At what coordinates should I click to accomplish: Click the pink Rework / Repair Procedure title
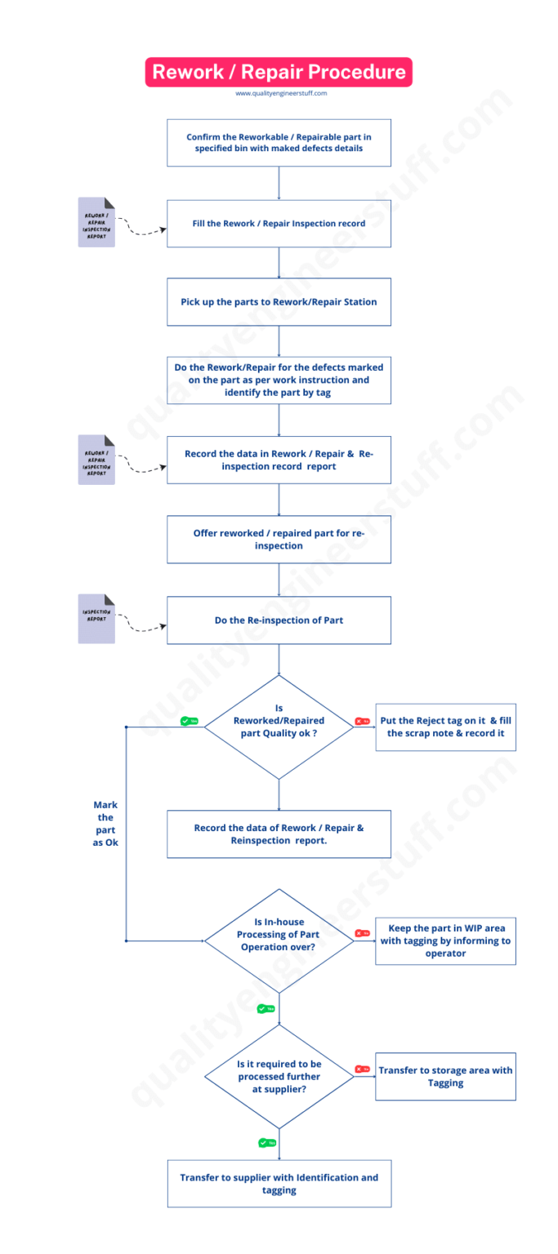(279, 72)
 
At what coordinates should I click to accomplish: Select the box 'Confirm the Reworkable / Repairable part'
(279, 143)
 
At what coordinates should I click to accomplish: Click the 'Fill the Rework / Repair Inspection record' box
(279, 223)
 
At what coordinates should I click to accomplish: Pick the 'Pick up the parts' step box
(279, 301)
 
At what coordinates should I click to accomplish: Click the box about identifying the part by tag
(279, 380)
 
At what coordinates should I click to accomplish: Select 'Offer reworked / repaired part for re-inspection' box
(279, 539)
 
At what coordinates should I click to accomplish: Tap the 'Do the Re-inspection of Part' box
(279, 620)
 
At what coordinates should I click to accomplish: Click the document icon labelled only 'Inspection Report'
(96, 619)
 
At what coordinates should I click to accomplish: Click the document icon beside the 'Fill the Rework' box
(96, 222)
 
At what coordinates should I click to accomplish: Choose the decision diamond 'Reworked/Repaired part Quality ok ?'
(279, 727)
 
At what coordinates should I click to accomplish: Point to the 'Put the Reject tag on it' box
(445, 727)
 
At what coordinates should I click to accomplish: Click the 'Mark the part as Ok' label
(105, 823)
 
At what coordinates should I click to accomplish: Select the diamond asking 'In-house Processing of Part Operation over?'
(279, 940)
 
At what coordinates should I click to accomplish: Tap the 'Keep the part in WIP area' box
(445, 940)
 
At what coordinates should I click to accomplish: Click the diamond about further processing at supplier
(279, 1076)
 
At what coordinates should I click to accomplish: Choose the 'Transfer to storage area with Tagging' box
(445, 1076)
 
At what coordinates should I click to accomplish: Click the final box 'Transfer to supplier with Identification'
(279, 1183)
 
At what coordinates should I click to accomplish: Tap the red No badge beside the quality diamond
(362, 722)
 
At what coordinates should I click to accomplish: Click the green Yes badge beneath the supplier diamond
(266, 1142)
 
